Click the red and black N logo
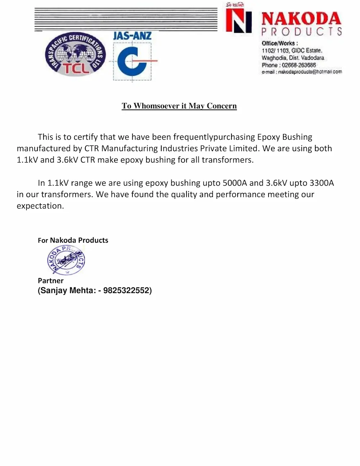point(238,21)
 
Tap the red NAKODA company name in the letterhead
point(301,19)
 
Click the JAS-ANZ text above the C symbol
point(132,36)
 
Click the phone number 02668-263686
point(299,65)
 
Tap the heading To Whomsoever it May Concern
point(179,106)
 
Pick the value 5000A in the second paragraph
point(235,183)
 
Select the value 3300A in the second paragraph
point(321,183)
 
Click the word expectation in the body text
point(40,206)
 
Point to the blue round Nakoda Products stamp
point(66,260)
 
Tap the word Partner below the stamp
point(50,281)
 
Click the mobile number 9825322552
point(126,291)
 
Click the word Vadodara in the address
point(313,58)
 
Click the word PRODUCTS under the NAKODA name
point(302,32)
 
